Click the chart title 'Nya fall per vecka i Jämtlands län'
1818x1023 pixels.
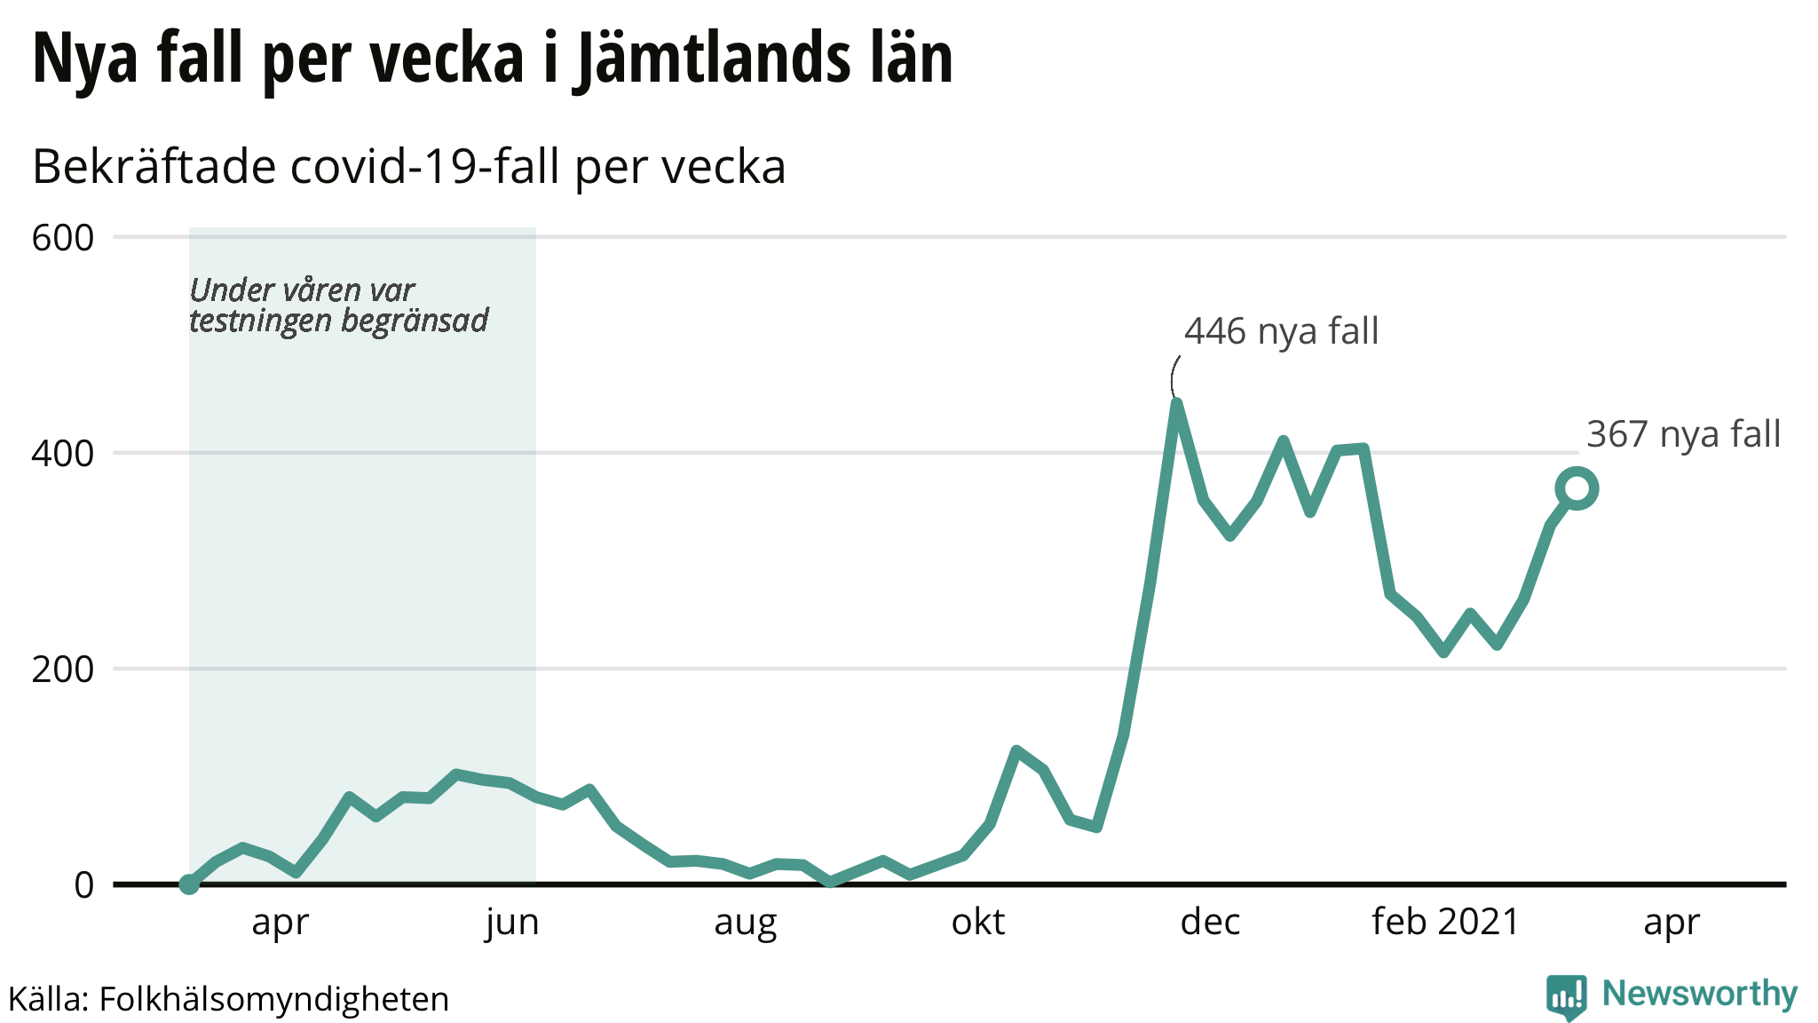pyautogui.click(x=493, y=59)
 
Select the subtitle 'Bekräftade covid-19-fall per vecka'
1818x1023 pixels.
pyautogui.click(x=409, y=167)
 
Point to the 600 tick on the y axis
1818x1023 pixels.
pyautogui.click(x=62, y=238)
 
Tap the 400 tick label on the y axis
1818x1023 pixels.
pyautogui.click(x=62, y=454)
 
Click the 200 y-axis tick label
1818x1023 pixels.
pyautogui.click(x=62, y=670)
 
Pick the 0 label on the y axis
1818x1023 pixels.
pyautogui.click(x=83, y=885)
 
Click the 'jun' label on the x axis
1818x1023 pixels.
pyautogui.click(x=512, y=923)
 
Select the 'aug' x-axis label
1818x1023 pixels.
pyautogui.click(x=745, y=923)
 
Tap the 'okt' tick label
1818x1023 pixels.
pyautogui.click(x=977, y=923)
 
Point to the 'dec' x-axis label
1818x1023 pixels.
pyautogui.click(x=1210, y=923)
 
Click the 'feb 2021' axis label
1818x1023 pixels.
pyautogui.click(x=1445, y=923)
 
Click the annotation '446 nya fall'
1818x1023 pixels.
pyautogui.click(x=1281, y=332)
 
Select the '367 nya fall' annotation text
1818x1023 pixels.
pyautogui.click(x=1683, y=435)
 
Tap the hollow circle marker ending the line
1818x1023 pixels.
pyautogui.click(x=1577, y=488)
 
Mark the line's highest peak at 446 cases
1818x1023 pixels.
pyautogui.click(x=1176, y=405)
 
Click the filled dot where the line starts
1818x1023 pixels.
pyautogui.click(x=189, y=884)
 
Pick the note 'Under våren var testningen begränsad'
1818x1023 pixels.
pyautogui.click(x=338, y=305)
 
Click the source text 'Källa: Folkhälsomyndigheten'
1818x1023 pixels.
pyautogui.click(x=228, y=999)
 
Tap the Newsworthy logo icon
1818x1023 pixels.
pyautogui.click(x=1566, y=996)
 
